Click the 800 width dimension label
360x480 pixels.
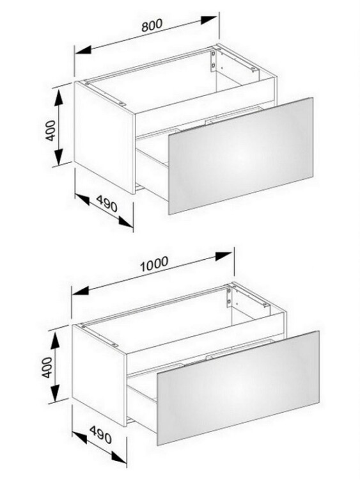tap(152, 26)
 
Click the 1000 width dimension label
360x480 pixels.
tap(154, 264)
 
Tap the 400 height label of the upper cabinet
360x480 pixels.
tap(51, 131)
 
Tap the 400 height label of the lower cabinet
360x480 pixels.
tap(47, 367)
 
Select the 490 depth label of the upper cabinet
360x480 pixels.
tap(107, 204)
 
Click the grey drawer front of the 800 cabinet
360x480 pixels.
tap(240, 156)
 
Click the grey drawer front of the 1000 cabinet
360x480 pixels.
tap(238, 388)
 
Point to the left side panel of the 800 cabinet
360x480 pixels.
tap(105, 138)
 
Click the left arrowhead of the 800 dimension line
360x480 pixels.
tap(84, 49)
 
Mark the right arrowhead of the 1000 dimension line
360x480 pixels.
tap(224, 256)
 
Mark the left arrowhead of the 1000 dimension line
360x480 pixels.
tap(81, 291)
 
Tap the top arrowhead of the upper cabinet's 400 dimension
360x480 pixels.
tap(58, 98)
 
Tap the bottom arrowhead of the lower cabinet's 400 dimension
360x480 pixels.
tap(55, 393)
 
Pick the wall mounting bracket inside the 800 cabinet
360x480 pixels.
tap(213, 61)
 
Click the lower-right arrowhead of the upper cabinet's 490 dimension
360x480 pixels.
tap(126, 221)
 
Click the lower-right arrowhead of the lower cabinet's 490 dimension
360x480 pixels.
tap(119, 456)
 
